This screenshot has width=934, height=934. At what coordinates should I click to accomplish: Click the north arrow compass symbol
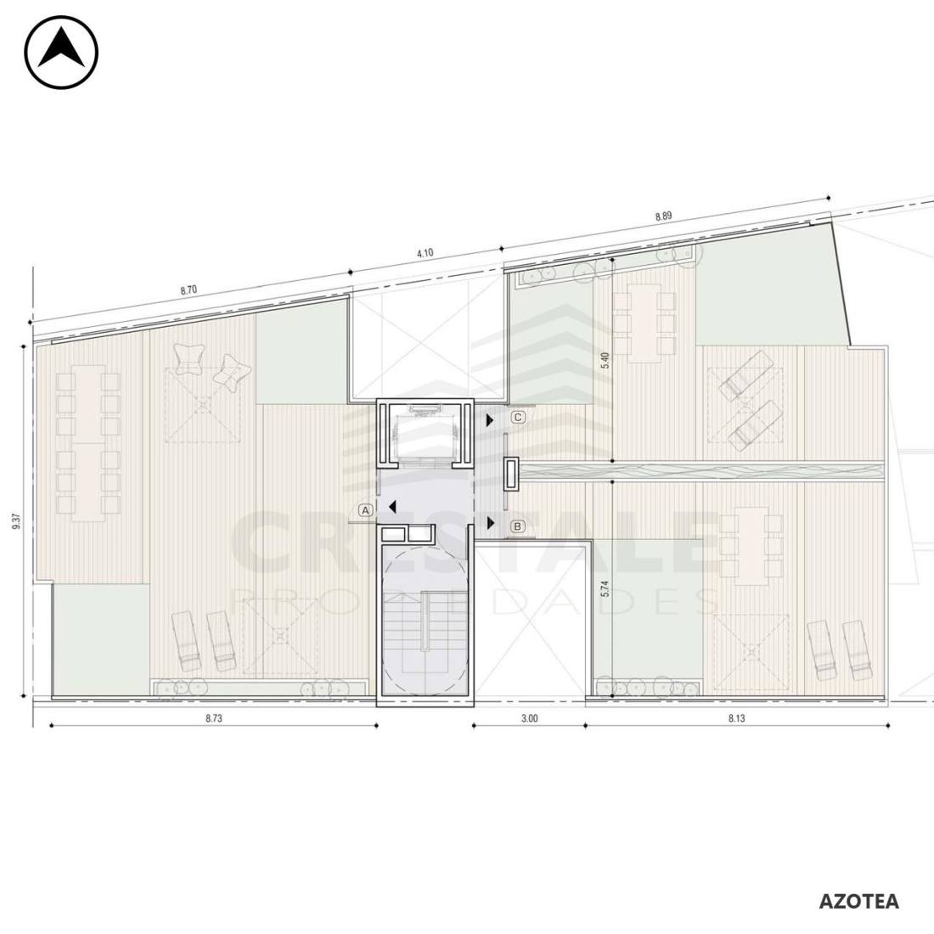click(x=61, y=53)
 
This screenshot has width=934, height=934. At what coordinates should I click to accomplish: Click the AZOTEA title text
click(x=858, y=901)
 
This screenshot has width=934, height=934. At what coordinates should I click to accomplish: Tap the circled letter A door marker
click(x=366, y=510)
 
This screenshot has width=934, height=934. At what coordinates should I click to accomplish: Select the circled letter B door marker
click(x=518, y=526)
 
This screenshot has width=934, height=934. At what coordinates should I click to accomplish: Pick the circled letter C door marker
click(x=518, y=418)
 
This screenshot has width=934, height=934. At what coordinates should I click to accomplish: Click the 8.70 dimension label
click(x=188, y=290)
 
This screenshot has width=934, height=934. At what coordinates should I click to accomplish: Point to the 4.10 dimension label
click(x=425, y=252)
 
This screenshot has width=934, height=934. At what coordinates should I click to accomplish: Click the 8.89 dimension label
click(x=664, y=217)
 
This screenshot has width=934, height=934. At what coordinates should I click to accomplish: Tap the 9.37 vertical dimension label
click(x=16, y=521)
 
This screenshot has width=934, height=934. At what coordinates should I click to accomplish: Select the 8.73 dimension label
click(x=214, y=718)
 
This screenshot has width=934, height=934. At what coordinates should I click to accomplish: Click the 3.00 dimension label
click(x=530, y=718)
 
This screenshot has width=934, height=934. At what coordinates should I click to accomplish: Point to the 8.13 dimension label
click(x=737, y=718)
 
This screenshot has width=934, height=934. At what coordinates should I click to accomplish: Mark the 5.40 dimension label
click(x=605, y=360)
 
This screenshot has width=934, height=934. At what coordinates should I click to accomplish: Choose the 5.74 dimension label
click(x=605, y=588)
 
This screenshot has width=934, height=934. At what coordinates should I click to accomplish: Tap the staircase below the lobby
click(x=424, y=620)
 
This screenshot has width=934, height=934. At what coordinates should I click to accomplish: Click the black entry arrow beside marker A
click(x=392, y=507)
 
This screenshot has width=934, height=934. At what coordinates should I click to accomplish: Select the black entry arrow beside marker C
click(x=490, y=420)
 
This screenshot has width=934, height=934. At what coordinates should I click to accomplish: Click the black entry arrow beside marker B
click(x=491, y=524)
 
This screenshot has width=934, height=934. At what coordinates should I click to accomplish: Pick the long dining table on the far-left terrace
click(x=89, y=444)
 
